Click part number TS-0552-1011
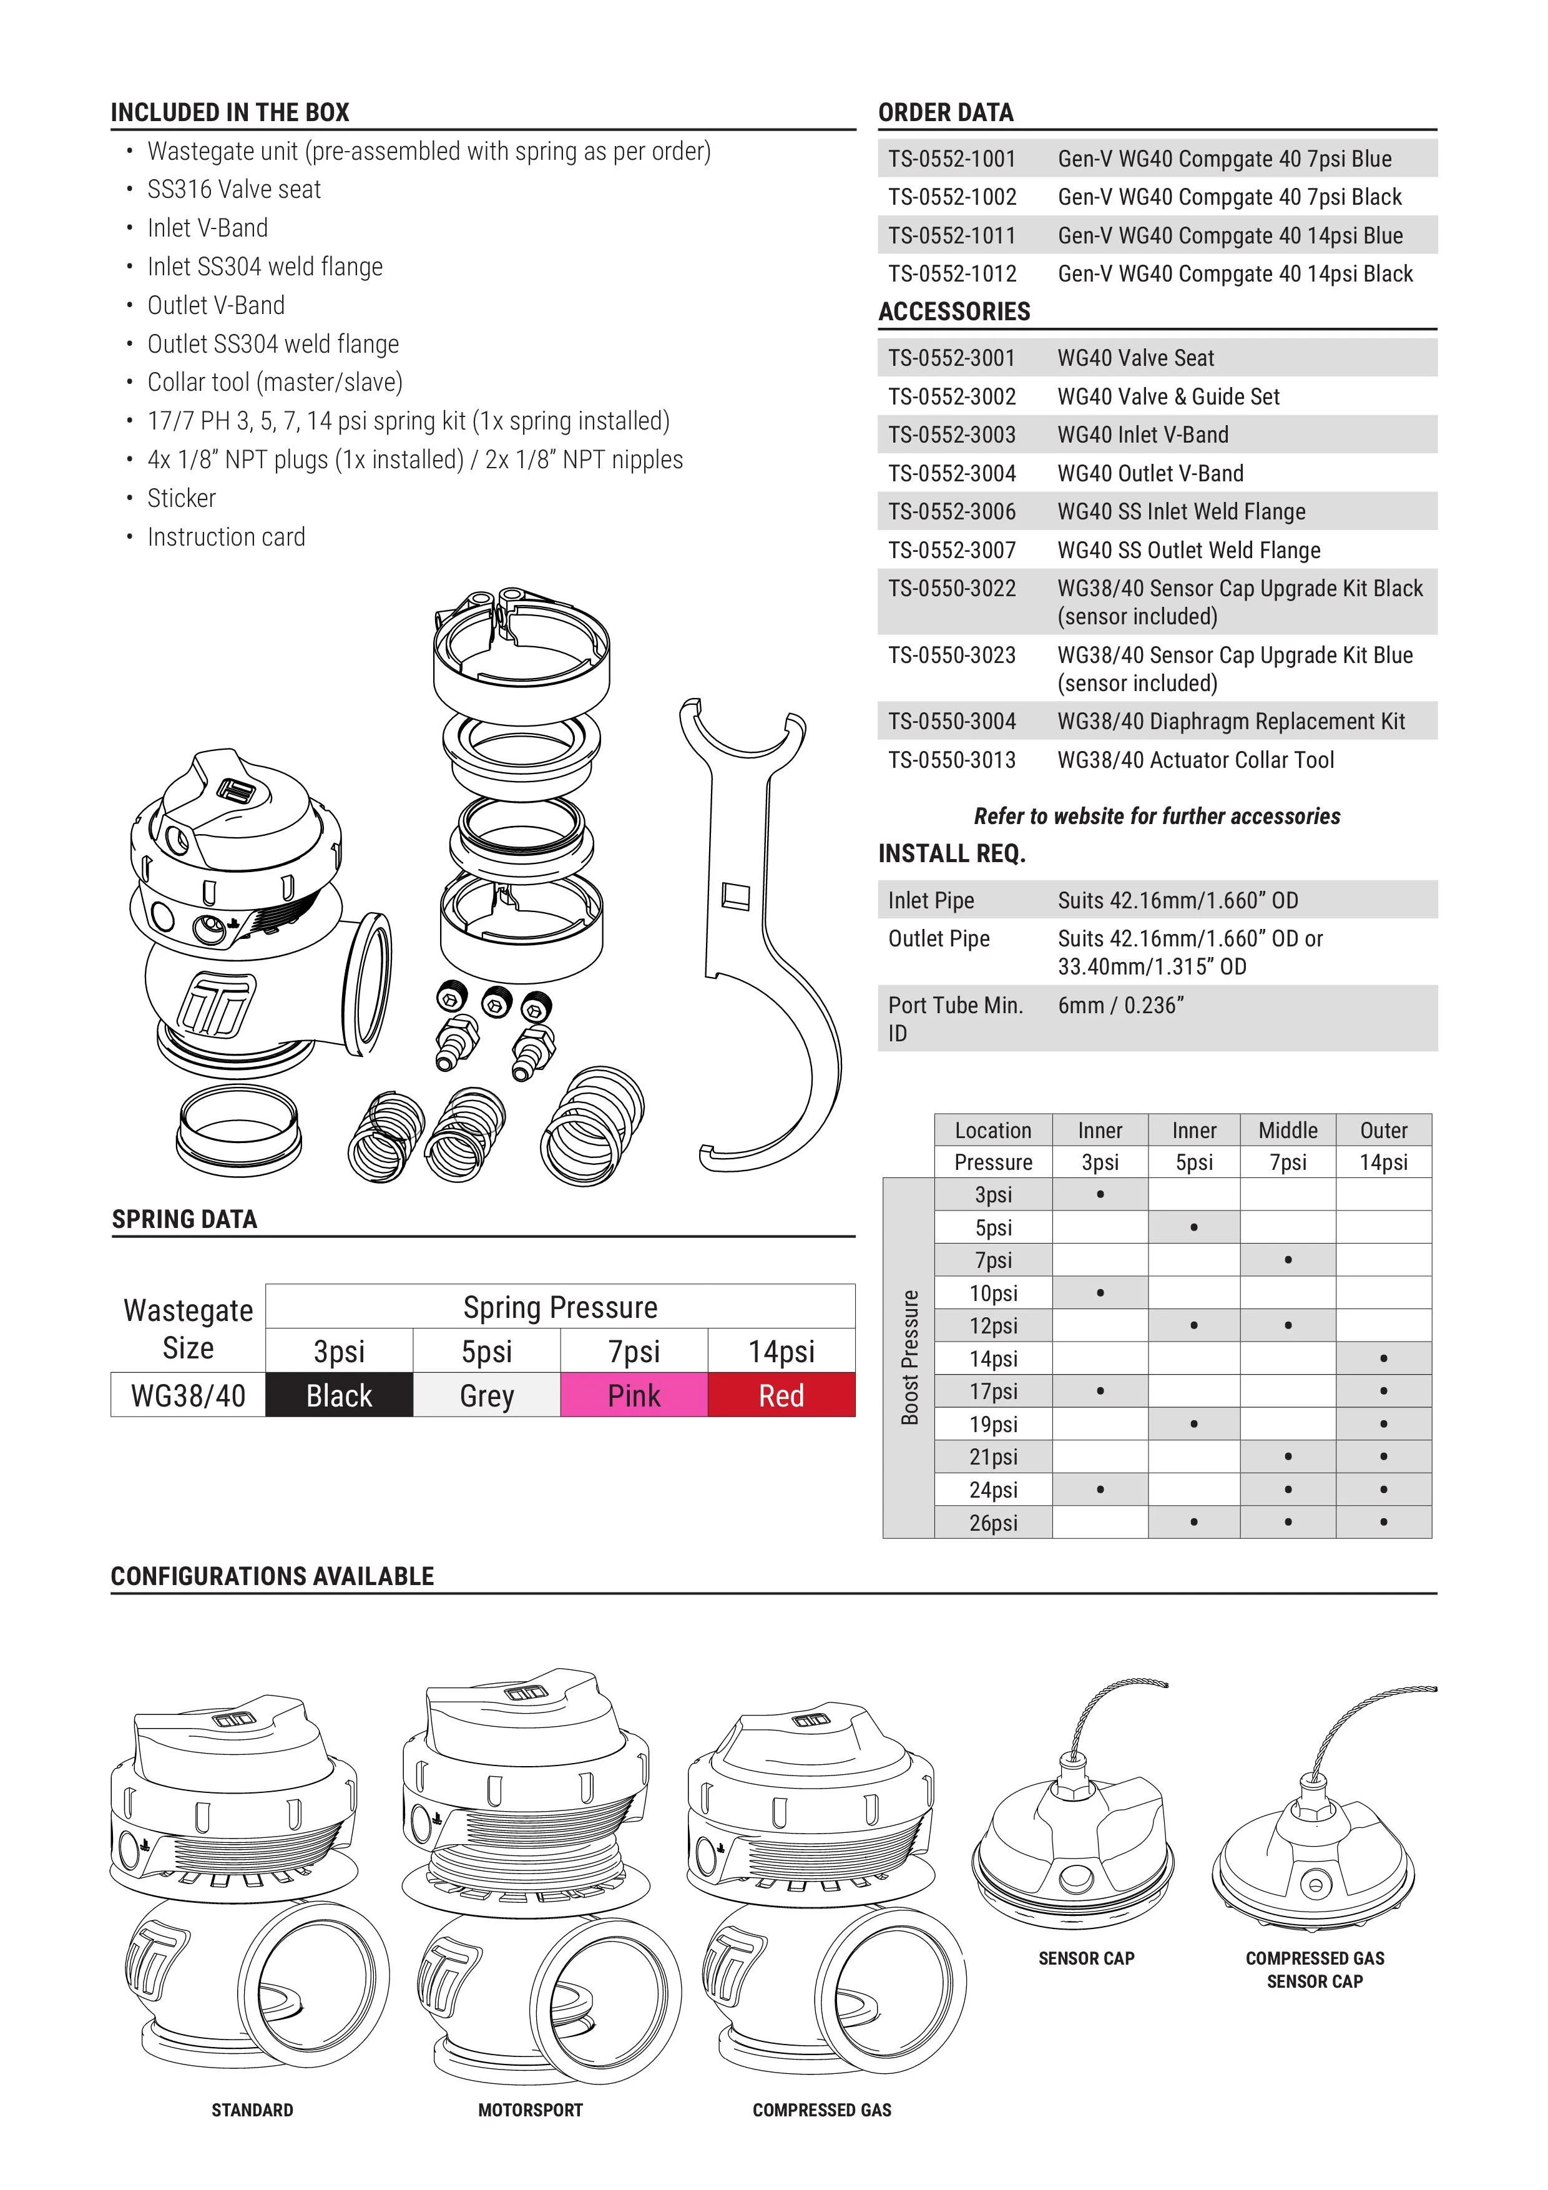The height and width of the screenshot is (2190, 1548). click(952, 235)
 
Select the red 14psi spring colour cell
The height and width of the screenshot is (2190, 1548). click(781, 1395)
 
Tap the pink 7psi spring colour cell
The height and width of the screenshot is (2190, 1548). click(634, 1395)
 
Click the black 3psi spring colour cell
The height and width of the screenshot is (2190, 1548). click(338, 1395)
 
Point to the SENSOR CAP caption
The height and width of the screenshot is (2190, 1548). click(1086, 1958)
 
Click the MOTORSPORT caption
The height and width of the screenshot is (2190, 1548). click(531, 2110)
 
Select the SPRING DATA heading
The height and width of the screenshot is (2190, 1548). click(184, 1219)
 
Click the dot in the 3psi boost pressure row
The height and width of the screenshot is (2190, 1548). click(1100, 1194)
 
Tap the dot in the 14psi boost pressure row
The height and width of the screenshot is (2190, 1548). click(1383, 1358)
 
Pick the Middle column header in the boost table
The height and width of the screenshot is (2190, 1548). click(1288, 1131)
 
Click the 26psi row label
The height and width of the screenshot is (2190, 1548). click(993, 1522)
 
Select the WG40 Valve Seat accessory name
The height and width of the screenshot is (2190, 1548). click(1135, 358)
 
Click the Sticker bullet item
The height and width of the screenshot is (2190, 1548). click(181, 498)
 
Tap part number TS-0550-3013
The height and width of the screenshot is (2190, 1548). click(952, 760)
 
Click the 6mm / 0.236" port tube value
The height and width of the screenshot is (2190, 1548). click(1120, 1005)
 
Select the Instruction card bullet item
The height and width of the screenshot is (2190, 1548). click(226, 537)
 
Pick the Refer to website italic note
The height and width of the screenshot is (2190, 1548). click(1157, 817)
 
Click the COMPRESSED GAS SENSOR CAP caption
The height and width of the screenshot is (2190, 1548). click(1315, 1970)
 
